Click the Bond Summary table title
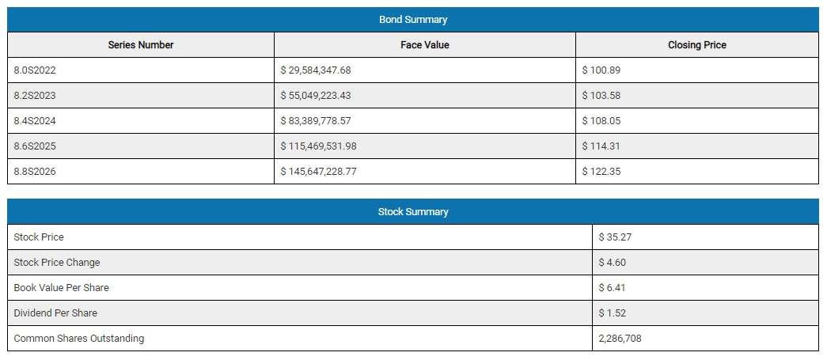412,20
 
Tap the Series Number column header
141,45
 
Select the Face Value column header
424,45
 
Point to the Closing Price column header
696,45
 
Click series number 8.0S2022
35,70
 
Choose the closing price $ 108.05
601,121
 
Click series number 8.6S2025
35,146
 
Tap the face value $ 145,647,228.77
318,172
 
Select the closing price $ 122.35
601,172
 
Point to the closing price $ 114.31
601,146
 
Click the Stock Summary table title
412,212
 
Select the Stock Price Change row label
57,263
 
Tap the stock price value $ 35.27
613,237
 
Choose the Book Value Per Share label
61,288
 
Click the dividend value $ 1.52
613,313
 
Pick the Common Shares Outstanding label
79,339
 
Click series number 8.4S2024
35,121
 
